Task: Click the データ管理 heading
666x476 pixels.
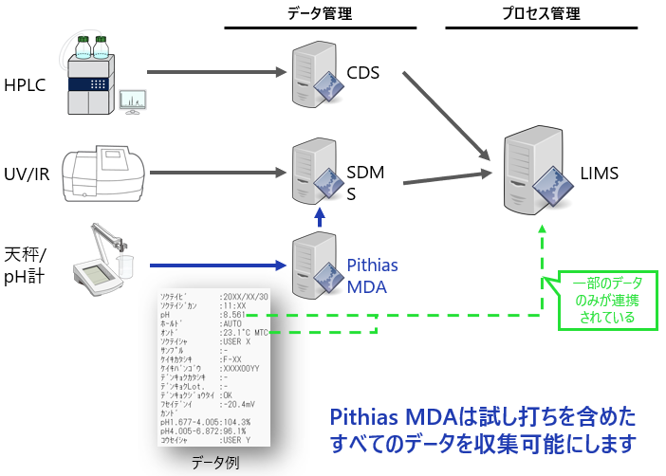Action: point(321,13)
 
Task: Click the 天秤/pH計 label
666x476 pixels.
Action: point(25,263)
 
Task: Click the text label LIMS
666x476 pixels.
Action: point(600,173)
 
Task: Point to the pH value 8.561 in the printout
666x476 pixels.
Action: point(234,315)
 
